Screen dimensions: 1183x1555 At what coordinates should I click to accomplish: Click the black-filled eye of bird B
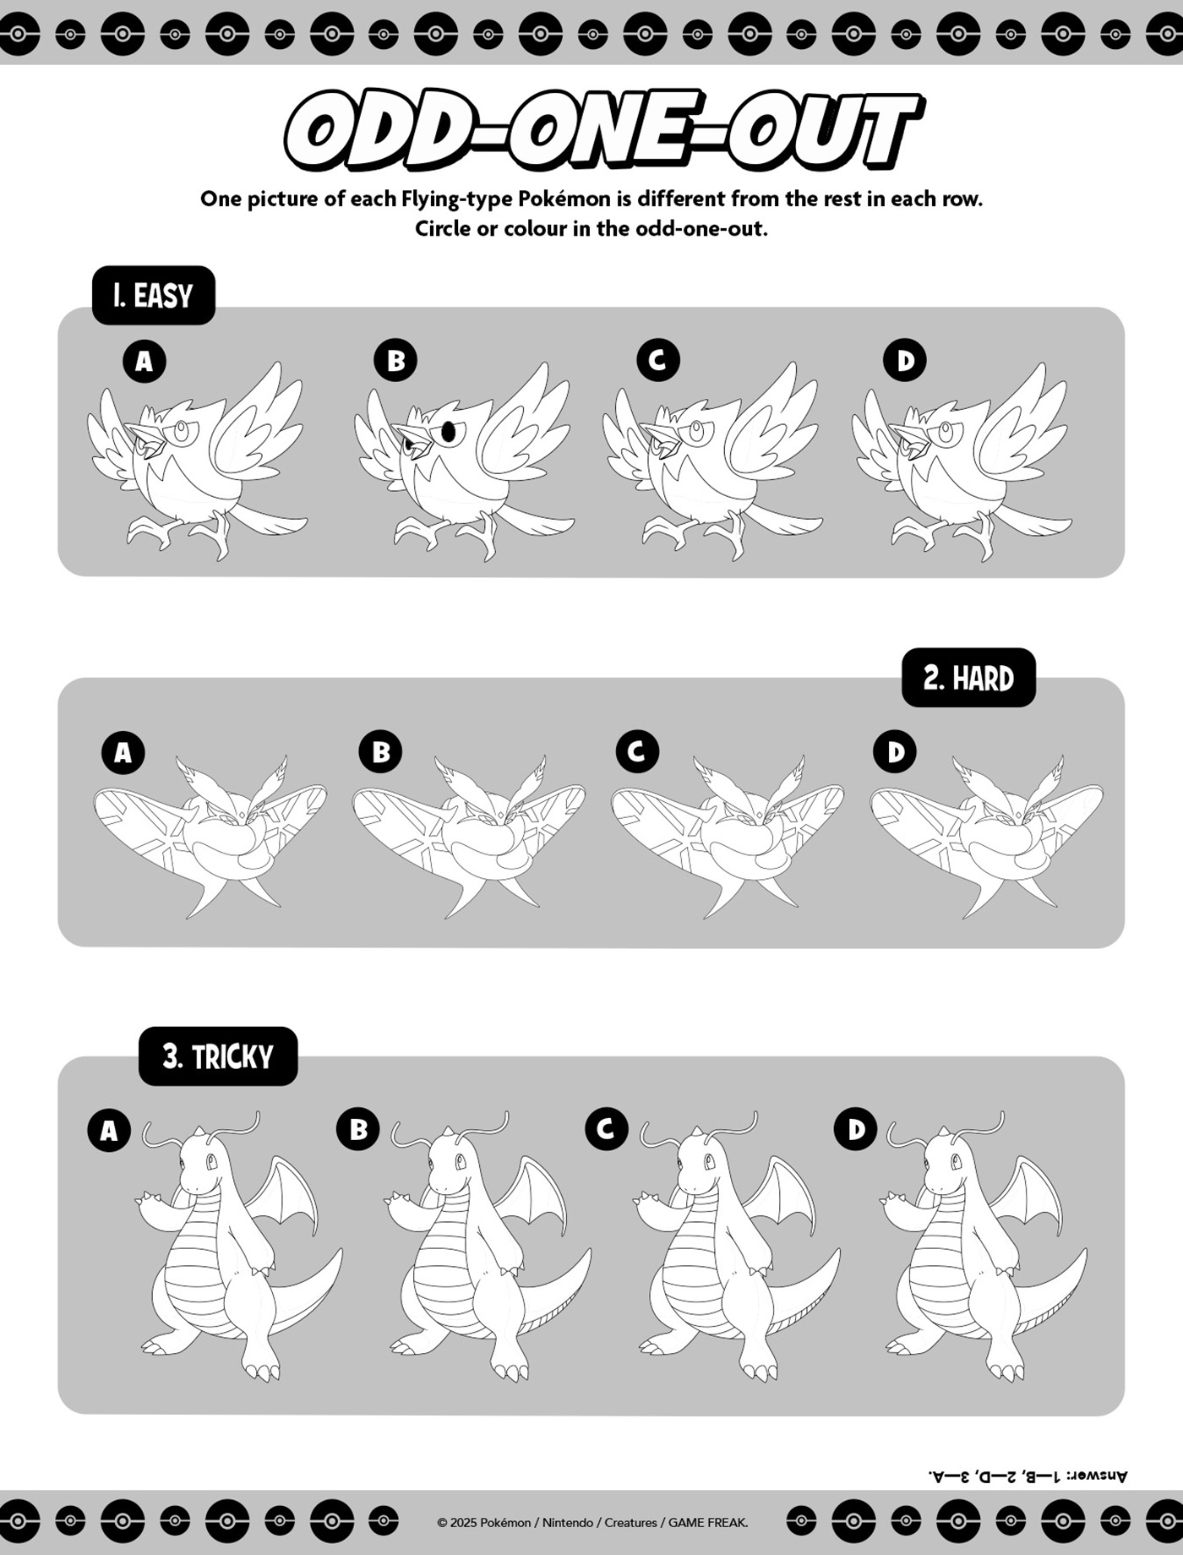(449, 432)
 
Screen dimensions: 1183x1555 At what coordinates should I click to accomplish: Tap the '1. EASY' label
(153, 296)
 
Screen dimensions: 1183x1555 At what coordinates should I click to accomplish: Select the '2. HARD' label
(968, 678)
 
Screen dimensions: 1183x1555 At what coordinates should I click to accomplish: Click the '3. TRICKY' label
(218, 1056)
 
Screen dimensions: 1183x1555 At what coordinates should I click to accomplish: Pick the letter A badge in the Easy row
(144, 361)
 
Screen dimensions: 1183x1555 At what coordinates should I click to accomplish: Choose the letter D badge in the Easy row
(905, 361)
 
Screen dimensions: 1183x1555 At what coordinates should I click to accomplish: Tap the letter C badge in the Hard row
(637, 751)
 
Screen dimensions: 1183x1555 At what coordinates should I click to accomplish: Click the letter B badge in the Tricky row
(358, 1130)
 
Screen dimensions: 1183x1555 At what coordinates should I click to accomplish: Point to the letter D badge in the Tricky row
(856, 1130)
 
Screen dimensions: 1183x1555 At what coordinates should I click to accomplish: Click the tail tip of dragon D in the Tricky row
(1082, 1252)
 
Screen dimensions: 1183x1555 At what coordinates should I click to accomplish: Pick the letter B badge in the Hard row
(380, 751)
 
